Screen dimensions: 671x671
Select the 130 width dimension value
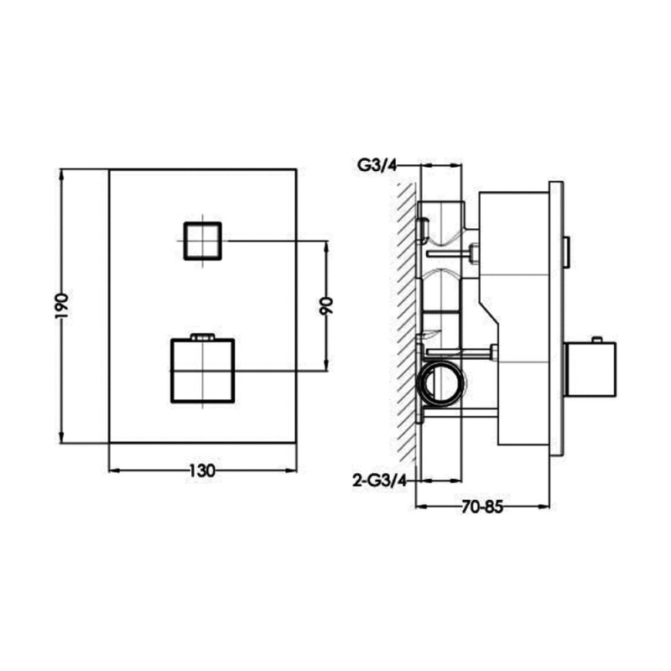[x=201, y=471]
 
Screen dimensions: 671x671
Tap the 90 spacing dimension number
[x=327, y=305]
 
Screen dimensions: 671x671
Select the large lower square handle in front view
[x=203, y=370]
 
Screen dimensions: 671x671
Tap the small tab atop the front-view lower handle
[x=203, y=337]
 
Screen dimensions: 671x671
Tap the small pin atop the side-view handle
[x=596, y=340]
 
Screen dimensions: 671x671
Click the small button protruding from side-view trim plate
[x=567, y=251]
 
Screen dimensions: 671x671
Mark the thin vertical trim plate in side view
[x=556, y=319]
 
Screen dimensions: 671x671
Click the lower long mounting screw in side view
[x=461, y=350]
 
